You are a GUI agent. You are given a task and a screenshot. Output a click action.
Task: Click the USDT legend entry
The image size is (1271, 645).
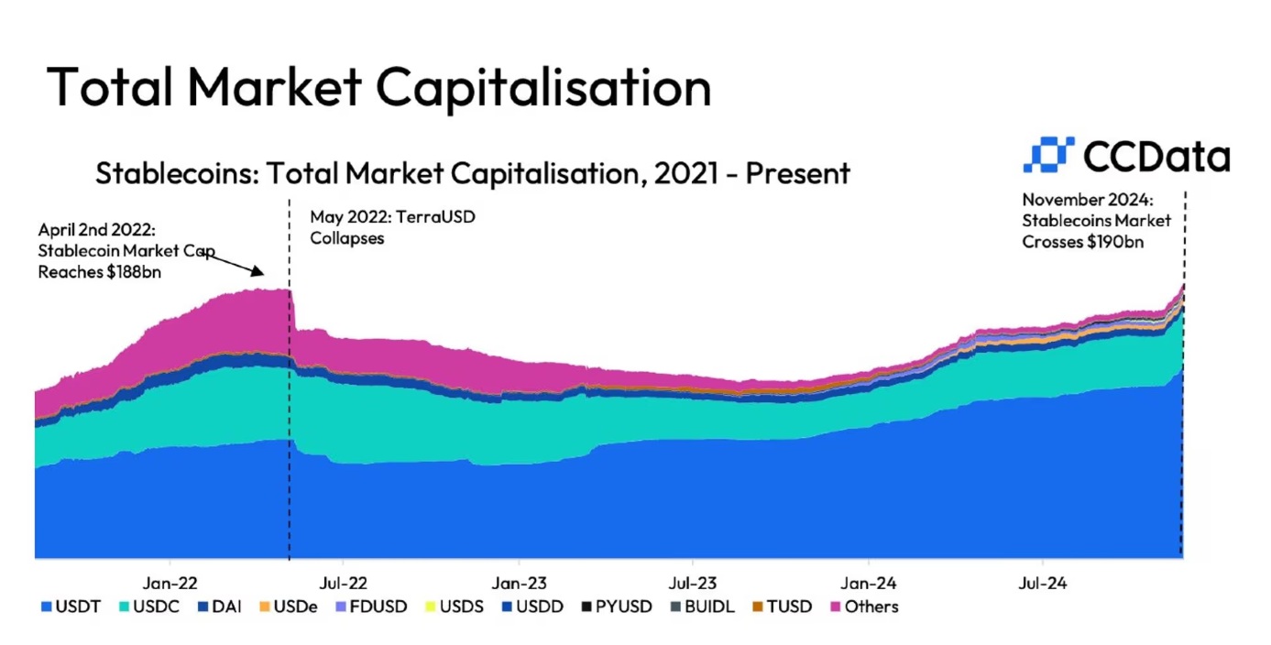point(66,607)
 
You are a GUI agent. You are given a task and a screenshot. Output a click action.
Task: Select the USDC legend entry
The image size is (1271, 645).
point(147,607)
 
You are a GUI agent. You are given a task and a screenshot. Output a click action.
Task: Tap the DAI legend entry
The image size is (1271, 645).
point(219,607)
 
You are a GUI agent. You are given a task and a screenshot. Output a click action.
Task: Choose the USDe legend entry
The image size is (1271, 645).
point(290,607)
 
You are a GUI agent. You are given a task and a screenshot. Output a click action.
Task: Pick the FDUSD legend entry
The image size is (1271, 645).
point(371,607)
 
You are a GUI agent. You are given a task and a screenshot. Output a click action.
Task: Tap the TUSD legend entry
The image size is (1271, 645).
point(782,607)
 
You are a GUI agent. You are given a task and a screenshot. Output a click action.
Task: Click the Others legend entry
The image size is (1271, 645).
point(863,607)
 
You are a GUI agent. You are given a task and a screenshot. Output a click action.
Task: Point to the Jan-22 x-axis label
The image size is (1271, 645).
point(170,582)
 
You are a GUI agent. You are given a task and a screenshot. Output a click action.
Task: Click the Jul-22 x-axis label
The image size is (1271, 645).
point(344,582)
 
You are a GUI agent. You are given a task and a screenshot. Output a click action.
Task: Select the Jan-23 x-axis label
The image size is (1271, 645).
point(520,582)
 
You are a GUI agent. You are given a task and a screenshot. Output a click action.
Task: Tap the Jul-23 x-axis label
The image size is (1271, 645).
point(693,582)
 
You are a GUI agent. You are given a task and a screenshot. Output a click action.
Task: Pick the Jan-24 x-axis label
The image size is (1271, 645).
point(869,582)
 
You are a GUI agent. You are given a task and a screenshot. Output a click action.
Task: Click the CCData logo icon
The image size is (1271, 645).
point(1047,156)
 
